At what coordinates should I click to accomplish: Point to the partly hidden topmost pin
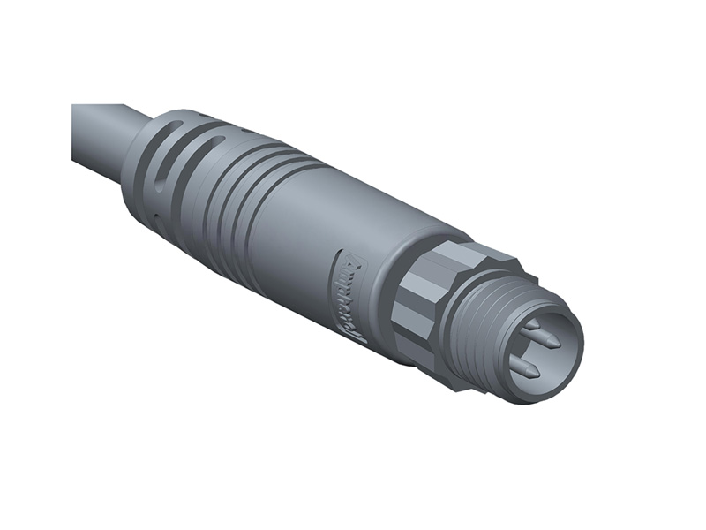[531, 325]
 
